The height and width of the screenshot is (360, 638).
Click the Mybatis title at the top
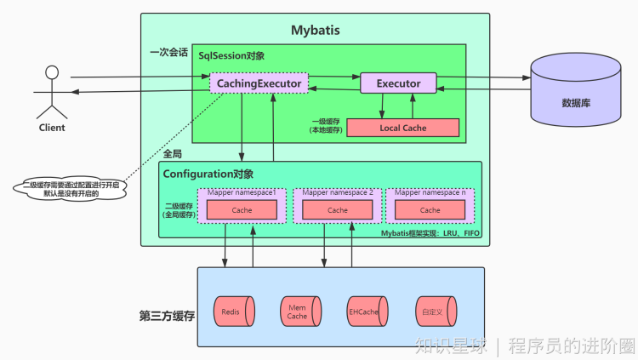pyautogui.click(x=316, y=30)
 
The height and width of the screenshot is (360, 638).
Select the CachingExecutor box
pyautogui.click(x=259, y=83)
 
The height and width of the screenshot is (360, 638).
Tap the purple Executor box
pyautogui.click(x=398, y=83)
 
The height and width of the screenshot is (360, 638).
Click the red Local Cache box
pyautogui.click(x=403, y=128)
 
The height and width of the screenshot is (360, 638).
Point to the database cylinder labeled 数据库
pyautogui.click(x=576, y=89)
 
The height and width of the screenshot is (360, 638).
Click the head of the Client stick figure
pyautogui.click(x=52, y=72)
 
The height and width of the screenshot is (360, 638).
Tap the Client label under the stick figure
pyautogui.click(x=52, y=128)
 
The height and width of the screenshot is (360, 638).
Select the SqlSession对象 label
pyautogui.click(x=231, y=56)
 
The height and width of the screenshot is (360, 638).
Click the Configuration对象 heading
pyautogui.click(x=208, y=174)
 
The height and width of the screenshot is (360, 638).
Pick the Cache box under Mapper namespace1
pyautogui.click(x=242, y=209)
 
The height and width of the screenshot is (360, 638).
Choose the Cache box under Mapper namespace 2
pyautogui.click(x=338, y=209)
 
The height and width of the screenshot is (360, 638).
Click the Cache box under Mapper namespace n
pyautogui.click(x=430, y=209)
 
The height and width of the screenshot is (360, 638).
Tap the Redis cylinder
pyautogui.click(x=234, y=311)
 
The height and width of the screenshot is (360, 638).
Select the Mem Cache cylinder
pyautogui.click(x=300, y=311)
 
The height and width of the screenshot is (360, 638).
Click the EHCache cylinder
pyautogui.click(x=367, y=311)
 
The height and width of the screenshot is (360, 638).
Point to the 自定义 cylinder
pyautogui.click(x=436, y=311)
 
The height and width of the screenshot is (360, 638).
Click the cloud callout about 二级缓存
pyautogui.click(x=71, y=189)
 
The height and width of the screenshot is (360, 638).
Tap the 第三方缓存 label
pyautogui.click(x=167, y=316)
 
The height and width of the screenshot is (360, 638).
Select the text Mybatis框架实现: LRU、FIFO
pyautogui.click(x=430, y=233)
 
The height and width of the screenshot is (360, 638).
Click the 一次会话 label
pyautogui.click(x=168, y=52)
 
